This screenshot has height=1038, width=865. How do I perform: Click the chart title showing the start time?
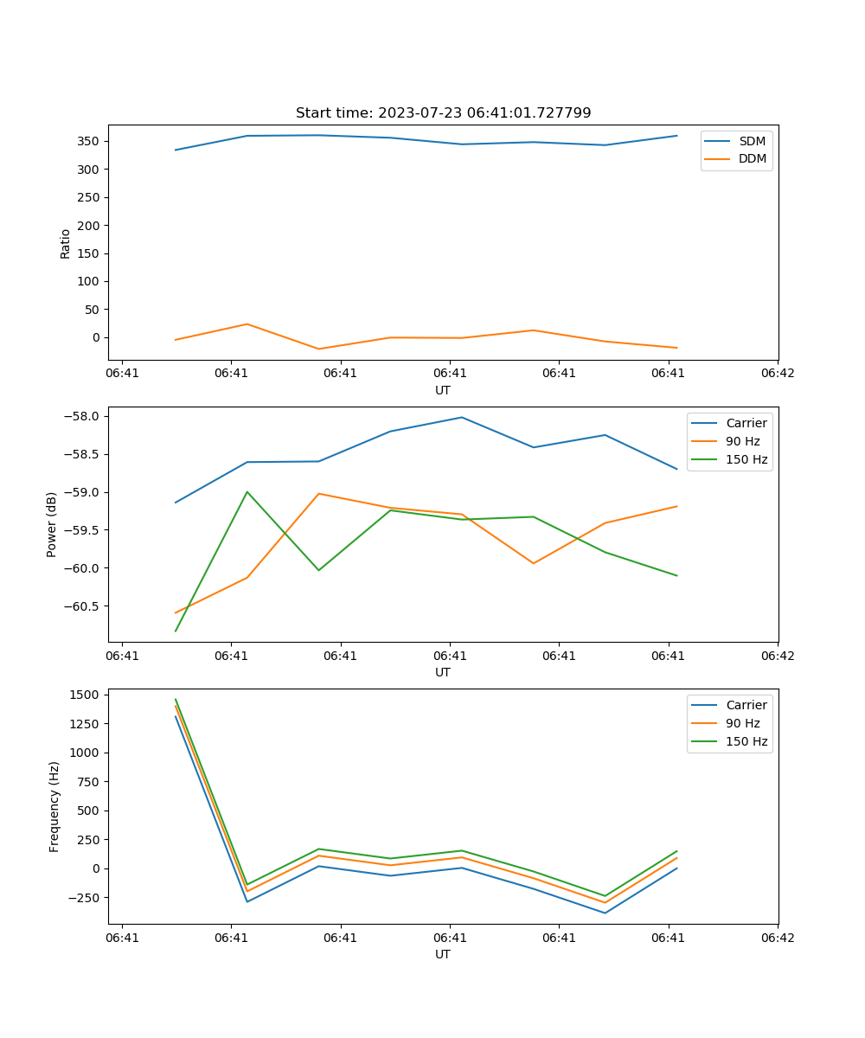click(x=443, y=113)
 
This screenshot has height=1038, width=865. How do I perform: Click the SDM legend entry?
click(x=752, y=141)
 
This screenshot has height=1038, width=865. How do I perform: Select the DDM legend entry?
click(x=752, y=158)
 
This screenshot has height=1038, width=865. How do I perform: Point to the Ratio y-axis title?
click(x=66, y=243)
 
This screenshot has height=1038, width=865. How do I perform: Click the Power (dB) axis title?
click(x=52, y=524)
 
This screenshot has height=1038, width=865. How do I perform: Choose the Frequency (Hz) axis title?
click(x=54, y=806)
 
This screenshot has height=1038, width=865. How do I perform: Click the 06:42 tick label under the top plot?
click(x=777, y=374)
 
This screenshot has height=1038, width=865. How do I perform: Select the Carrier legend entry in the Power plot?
click(x=746, y=423)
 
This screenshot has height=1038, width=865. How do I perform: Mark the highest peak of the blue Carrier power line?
click(x=461, y=417)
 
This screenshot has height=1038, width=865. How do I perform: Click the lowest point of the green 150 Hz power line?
click(x=176, y=631)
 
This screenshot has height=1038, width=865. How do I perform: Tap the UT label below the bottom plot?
click(x=443, y=954)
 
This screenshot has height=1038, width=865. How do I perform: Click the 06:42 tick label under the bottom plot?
click(x=777, y=938)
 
